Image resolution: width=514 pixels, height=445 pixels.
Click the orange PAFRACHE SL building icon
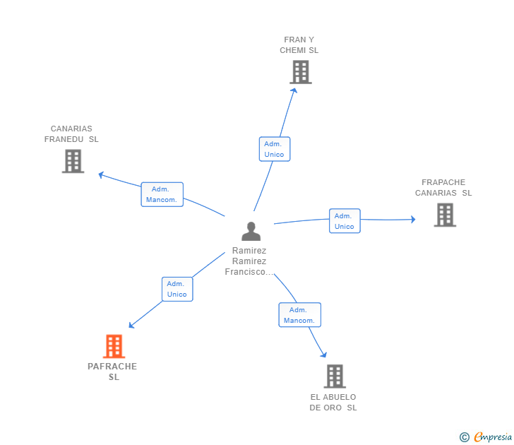click(114, 346)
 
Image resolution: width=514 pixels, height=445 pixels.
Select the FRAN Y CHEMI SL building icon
click(300, 72)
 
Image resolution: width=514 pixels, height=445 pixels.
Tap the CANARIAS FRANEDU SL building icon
click(73, 161)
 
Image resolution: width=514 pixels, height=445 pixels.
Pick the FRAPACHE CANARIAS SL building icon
click(445, 215)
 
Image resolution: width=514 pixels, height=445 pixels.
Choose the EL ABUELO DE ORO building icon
click(335, 376)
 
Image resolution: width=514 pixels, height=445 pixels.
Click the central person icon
click(251, 231)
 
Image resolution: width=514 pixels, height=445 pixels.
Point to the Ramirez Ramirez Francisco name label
click(249, 261)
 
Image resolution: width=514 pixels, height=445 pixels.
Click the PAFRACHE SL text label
click(113, 372)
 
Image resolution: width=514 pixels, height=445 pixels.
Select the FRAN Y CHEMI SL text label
click(299, 45)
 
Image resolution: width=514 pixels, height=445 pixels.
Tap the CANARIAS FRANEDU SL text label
click(71, 134)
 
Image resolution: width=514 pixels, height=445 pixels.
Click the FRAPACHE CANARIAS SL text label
click(443, 188)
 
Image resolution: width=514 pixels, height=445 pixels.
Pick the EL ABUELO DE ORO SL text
click(333, 403)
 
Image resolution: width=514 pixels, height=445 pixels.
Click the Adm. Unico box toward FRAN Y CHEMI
click(274, 149)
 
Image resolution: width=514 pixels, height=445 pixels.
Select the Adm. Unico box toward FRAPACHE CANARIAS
click(345, 221)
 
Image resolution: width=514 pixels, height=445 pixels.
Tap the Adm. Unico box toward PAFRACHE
click(177, 289)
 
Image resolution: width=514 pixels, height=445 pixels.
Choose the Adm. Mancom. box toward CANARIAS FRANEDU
click(162, 194)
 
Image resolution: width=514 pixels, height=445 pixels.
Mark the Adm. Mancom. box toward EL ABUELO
click(299, 315)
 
